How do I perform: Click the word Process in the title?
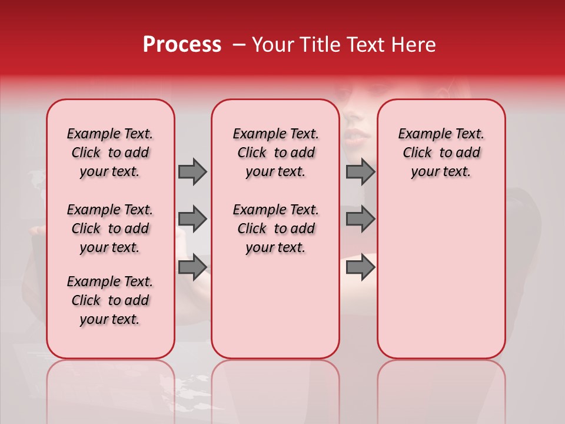point(182,45)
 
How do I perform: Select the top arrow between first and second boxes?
point(192,171)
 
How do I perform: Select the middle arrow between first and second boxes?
point(192,219)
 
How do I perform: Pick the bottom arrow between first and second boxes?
point(192,267)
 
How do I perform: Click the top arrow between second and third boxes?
point(360,171)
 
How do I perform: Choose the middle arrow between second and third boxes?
point(360,219)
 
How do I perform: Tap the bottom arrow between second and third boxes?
point(360,267)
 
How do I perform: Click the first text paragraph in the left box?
point(110,153)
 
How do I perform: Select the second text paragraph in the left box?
point(110,228)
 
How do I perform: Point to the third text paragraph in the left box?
point(110,300)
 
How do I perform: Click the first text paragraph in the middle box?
point(275,153)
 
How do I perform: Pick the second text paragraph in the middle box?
point(275,228)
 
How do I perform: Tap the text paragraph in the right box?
point(441,153)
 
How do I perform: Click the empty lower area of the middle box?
point(275,306)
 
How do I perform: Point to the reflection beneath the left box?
point(111,389)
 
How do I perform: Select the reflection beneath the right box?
point(441,389)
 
